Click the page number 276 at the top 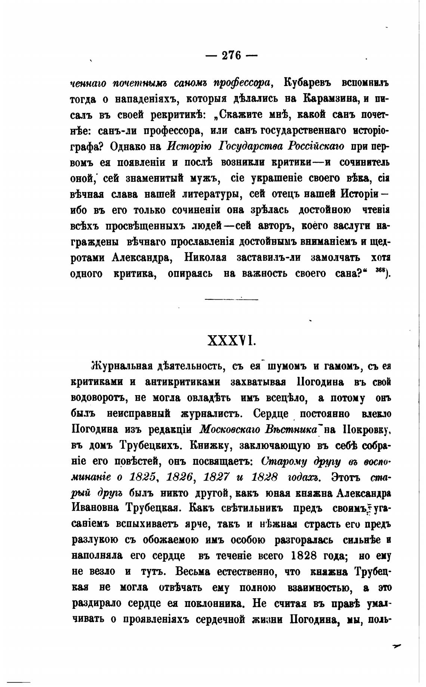coord(232,55)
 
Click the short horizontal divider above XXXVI coord(231,299)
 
